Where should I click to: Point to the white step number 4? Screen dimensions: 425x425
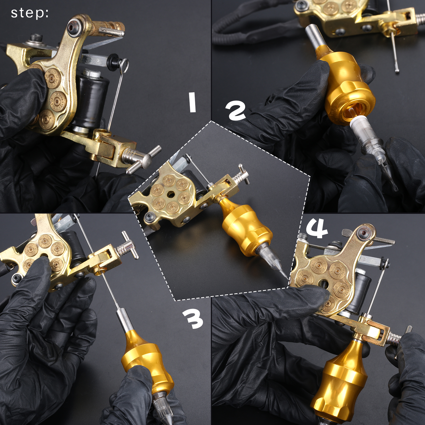click(317, 229)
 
